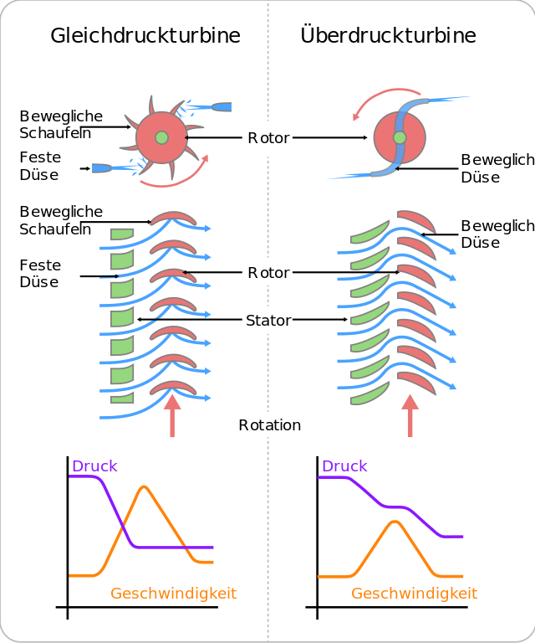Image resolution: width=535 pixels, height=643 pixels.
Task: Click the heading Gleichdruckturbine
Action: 145,35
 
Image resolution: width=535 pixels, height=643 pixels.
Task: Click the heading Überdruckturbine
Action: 389,35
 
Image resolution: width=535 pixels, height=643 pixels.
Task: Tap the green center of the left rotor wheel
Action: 161,137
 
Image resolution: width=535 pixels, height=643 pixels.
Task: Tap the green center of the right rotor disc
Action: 400,137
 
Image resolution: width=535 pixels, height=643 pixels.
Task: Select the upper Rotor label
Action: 268,138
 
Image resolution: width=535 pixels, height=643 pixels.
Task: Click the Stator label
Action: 268,320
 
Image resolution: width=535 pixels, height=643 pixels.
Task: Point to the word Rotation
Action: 269,425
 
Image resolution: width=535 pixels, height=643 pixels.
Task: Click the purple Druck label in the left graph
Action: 94,466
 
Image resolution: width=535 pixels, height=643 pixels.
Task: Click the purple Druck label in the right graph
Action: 344,466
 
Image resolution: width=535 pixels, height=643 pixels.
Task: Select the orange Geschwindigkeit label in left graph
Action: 174,594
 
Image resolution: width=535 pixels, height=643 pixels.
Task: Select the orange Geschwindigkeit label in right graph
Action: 414,594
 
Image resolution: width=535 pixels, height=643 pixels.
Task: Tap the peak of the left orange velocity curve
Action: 145,486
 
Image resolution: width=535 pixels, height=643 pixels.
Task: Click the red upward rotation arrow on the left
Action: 172,415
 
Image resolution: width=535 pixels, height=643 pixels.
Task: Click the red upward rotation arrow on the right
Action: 410,415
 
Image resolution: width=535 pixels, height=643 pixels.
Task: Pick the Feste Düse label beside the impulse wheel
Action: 39,166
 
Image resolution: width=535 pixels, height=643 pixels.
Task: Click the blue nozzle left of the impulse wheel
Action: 100,168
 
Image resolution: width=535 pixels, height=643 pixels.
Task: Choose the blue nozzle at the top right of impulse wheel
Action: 222,107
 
